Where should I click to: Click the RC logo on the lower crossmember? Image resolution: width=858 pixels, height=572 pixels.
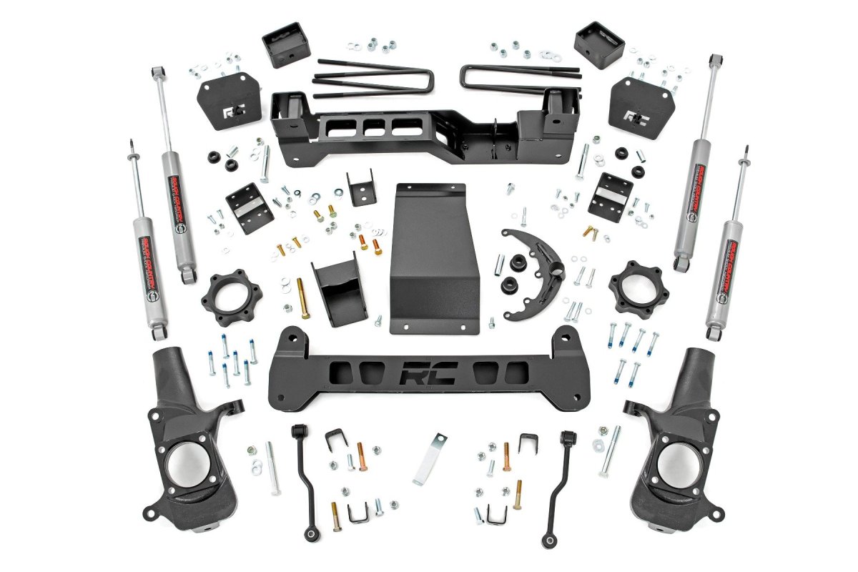coord(428,374)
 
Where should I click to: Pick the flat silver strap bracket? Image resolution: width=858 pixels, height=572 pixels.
coord(430,458)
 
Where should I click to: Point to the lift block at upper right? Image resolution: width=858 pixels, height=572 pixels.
coord(599,44)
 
